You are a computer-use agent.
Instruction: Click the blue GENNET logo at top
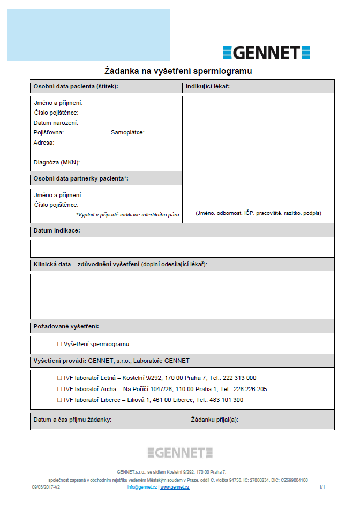point(266,52)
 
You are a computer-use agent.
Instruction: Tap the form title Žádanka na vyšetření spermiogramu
point(178,71)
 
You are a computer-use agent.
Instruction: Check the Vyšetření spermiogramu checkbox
point(59,344)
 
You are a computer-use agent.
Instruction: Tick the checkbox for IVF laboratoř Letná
point(59,378)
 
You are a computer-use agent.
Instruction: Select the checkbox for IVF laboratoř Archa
point(59,389)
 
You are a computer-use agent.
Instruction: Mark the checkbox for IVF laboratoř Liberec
point(59,400)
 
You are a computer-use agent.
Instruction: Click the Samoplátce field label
point(127,132)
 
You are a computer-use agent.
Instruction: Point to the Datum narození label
point(56,123)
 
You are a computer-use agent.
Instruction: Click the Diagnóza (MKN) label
point(57,162)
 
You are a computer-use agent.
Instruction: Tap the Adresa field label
point(44,143)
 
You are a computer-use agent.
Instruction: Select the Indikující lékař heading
point(208,86)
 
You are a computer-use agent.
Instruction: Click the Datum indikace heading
point(57,230)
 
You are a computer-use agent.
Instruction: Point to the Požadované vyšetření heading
point(66,326)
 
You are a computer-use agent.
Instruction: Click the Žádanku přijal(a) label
point(214,420)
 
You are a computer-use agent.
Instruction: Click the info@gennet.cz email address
point(142,487)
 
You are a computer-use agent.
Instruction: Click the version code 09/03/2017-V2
point(46,487)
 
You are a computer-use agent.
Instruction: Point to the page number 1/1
point(322,487)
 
